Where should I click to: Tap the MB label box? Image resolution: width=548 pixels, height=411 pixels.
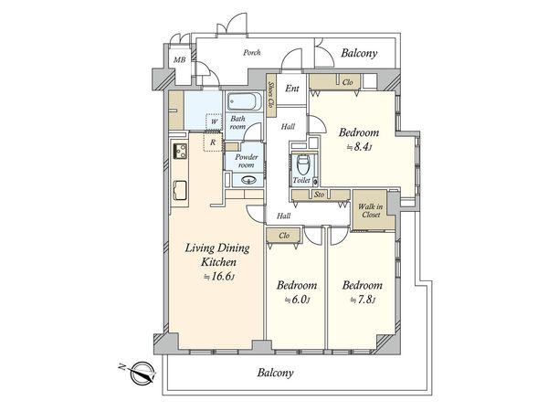180,62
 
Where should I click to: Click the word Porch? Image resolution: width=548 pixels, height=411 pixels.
252,52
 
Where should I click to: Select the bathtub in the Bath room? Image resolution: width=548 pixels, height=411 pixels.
245,101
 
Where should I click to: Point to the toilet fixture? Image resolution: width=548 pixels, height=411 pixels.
301,168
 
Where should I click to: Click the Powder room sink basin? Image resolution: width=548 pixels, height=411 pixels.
245,178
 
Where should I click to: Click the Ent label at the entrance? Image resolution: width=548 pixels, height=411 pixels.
292,89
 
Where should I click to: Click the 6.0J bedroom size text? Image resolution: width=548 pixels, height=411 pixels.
297,300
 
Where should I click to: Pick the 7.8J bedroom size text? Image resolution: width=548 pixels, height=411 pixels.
362,300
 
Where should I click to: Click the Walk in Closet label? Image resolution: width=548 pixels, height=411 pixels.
370,212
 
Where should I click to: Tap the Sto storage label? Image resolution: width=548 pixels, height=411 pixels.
319,194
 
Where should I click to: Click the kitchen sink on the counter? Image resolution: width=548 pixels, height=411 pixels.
180,190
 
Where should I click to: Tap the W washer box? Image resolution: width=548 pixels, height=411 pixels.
214,121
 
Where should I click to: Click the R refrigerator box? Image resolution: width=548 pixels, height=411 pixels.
212,142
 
